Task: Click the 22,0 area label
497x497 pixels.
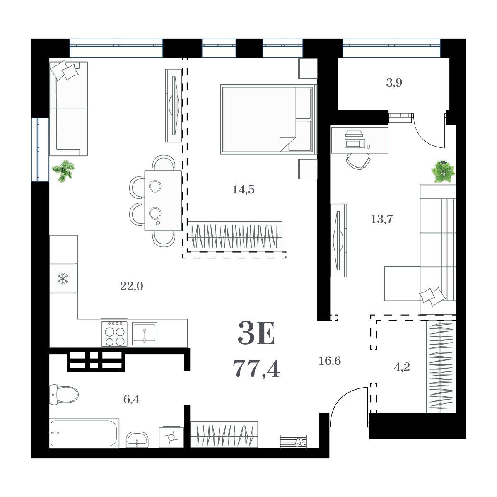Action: pyautogui.click(x=132, y=286)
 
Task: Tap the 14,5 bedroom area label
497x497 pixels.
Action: pyautogui.click(x=244, y=190)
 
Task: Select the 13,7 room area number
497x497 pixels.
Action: pyautogui.click(x=382, y=219)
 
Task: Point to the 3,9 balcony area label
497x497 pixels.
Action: pyautogui.click(x=394, y=83)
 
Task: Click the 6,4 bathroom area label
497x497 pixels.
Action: pyautogui.click(x=131, y=399)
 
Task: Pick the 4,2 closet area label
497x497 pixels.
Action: pyautogui.click(x=402, y=367)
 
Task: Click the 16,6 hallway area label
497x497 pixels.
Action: pyautogui.click(x=330, y=361)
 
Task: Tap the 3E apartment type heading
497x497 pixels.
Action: pyautogui.click(x=256, y=333)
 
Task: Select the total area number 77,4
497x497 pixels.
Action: pyautogui.click(x=256, y=369)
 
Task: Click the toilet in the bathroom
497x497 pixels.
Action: pyautogui.click(x=64, y=395)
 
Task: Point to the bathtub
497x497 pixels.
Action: pyautogui.click(x=84, y=433)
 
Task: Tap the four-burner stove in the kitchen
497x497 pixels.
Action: pyautogui.click(x=114, y=333)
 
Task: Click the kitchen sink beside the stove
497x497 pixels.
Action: pyautogui.click(x=145, y=334)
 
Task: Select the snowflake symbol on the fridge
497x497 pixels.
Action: pyautogui.click(x=63, y=279)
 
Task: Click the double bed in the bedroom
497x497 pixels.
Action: pyautogui.click(x=268, y=119)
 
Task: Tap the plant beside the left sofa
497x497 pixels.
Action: pyautogui.click(x=63, y=171)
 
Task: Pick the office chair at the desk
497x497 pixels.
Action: pyautogui.click(x=358, y=161)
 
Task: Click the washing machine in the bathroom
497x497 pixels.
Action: pyautogui.click(x=171, y=437)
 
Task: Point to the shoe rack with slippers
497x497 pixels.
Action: pyautogui.click(x=294, y=442)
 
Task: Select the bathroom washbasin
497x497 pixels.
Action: pyautogui.click(x=137, y=440)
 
